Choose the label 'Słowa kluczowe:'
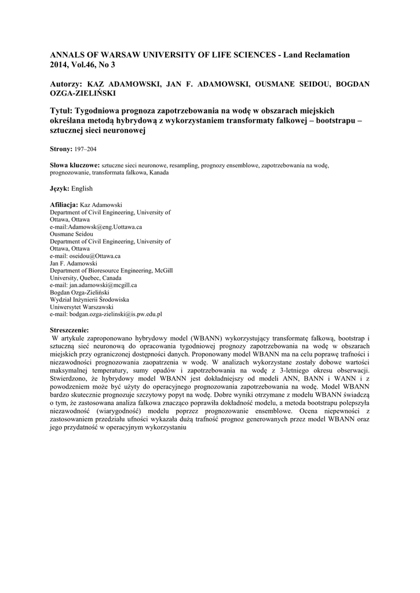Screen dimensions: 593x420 [75, 165]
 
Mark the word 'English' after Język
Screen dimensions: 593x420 [82, 188]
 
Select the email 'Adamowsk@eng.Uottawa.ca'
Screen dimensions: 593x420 [105, 228]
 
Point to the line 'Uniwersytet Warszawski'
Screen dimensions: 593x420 [81, 306]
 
